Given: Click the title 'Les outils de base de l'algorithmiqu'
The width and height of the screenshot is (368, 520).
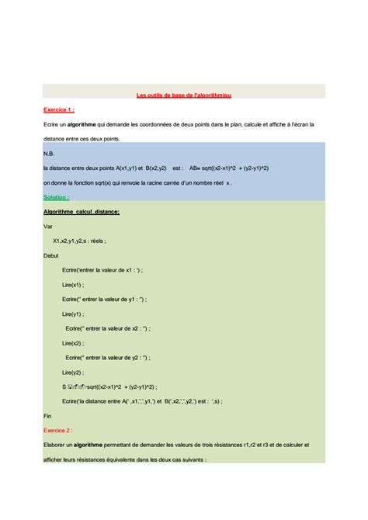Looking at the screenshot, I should coord(183,95).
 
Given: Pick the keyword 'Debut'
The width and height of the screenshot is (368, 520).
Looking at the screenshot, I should coord(51,255).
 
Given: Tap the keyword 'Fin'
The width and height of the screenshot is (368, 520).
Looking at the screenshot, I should coord(47,415).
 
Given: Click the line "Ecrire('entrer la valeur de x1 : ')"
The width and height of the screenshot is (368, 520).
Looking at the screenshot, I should coord(102,269).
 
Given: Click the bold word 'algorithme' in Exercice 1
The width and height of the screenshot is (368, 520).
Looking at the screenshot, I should coord(81,124).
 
